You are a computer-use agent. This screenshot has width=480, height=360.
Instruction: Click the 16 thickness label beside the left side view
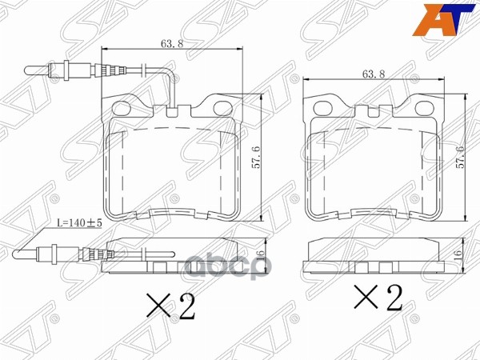(260, 258)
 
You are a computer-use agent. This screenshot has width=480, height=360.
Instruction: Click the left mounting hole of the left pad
(122, 107)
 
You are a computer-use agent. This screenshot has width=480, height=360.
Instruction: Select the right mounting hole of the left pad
(221, 107)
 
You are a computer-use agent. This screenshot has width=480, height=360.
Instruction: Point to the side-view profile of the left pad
(176, 264)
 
